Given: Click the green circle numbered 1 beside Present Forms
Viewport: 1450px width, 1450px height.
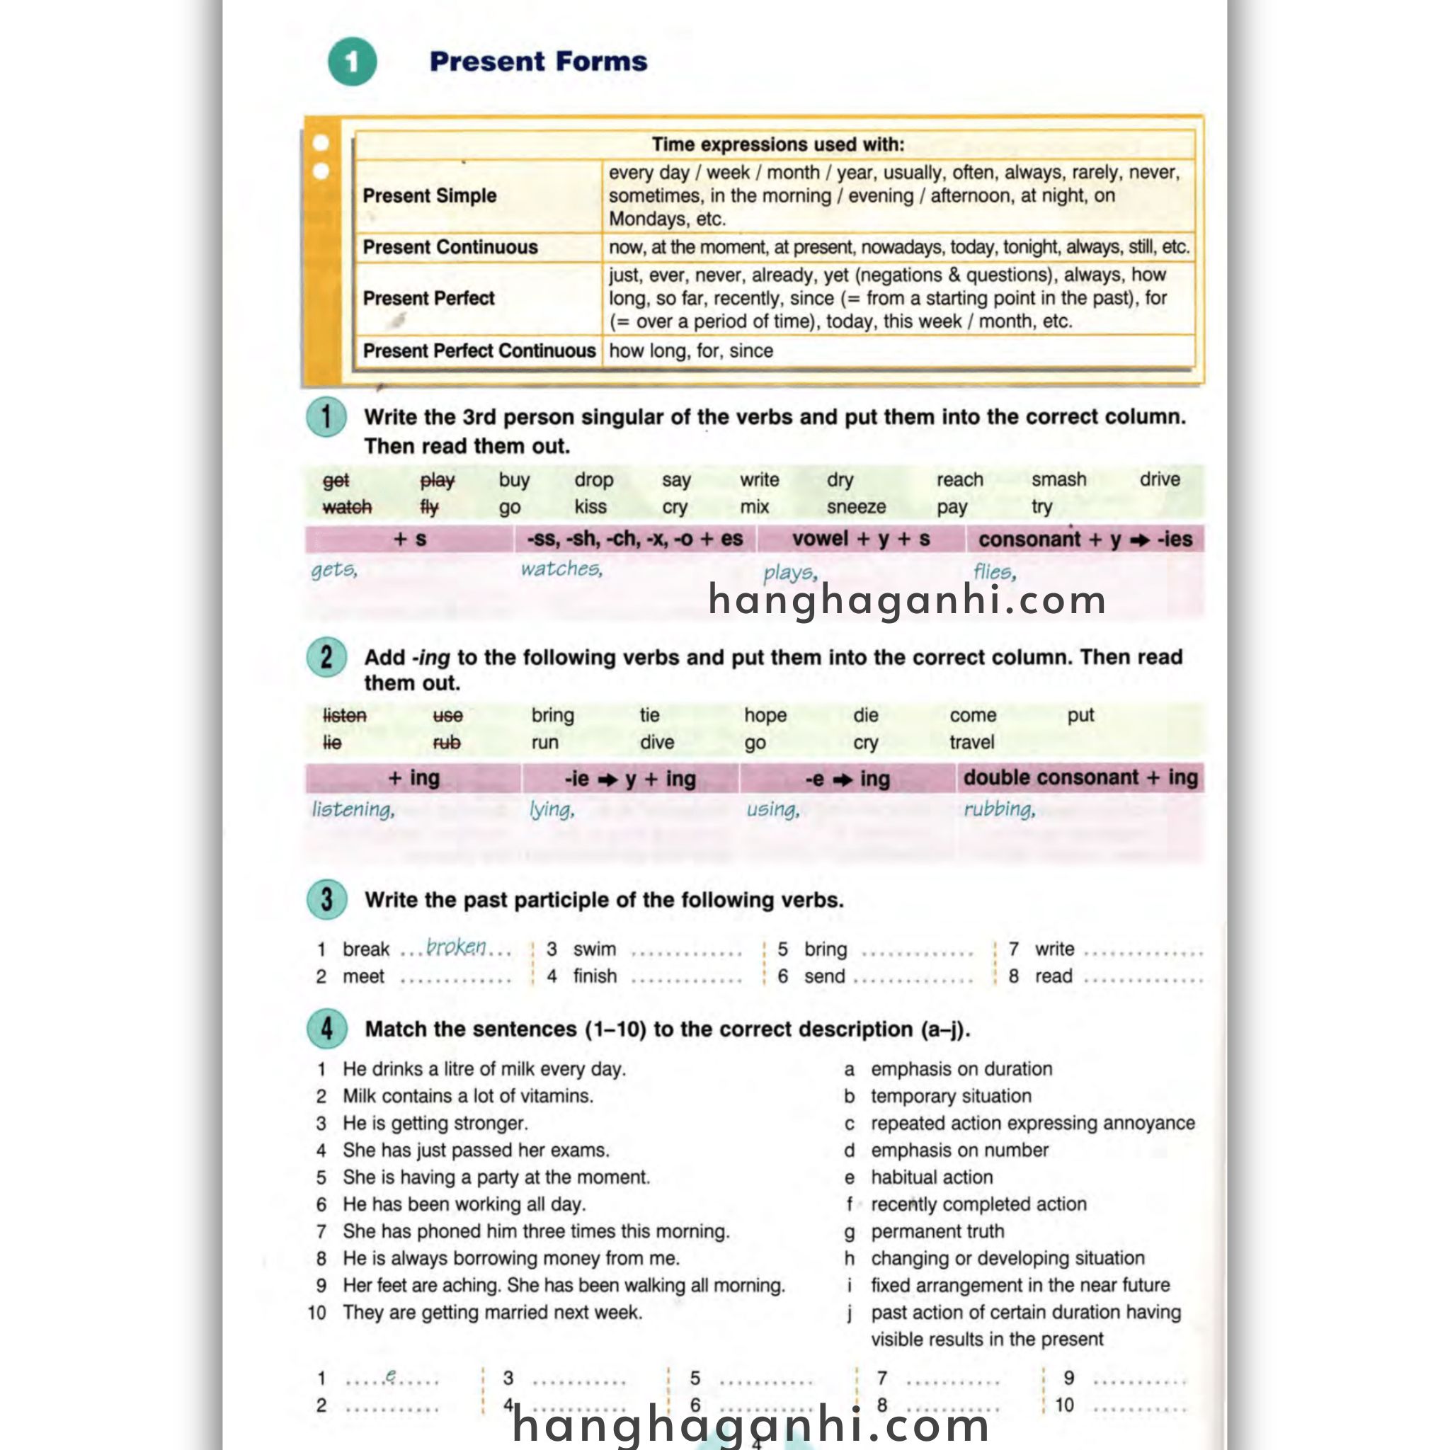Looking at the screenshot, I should (x=352, y=62).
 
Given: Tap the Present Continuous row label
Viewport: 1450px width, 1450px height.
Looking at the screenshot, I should (x=450, y=247).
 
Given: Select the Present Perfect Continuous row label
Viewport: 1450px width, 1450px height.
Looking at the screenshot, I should (x=478, y=350).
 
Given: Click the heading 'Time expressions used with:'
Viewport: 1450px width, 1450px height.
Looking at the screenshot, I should (x=777, y=144).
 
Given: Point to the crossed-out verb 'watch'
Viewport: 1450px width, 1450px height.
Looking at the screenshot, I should (x=347, y=508).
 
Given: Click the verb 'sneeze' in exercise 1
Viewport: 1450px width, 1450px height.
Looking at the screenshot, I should (x=855, y=508).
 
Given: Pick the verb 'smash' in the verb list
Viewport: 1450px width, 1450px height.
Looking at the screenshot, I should (x=1058, y=479).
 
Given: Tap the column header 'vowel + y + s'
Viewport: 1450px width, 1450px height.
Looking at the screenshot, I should (x=860, y=539).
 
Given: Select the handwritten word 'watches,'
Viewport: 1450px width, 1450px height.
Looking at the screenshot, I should (x=561, y=569).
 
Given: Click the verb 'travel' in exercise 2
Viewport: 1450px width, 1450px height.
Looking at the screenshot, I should (x=971, y=742).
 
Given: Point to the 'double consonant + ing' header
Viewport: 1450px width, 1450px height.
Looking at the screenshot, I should (x=1080, y=777).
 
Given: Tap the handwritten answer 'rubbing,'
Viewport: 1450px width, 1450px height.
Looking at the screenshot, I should (x=999, y=809).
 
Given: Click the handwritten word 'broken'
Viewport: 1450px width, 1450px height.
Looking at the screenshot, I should (x=455, y=947).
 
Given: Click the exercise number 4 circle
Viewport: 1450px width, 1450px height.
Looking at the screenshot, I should (x=326, y=1028).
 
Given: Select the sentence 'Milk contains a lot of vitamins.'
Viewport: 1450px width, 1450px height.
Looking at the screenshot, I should (x=467, y=1096).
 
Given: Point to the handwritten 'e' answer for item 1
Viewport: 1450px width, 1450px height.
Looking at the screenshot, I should (x=390, y=1376).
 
